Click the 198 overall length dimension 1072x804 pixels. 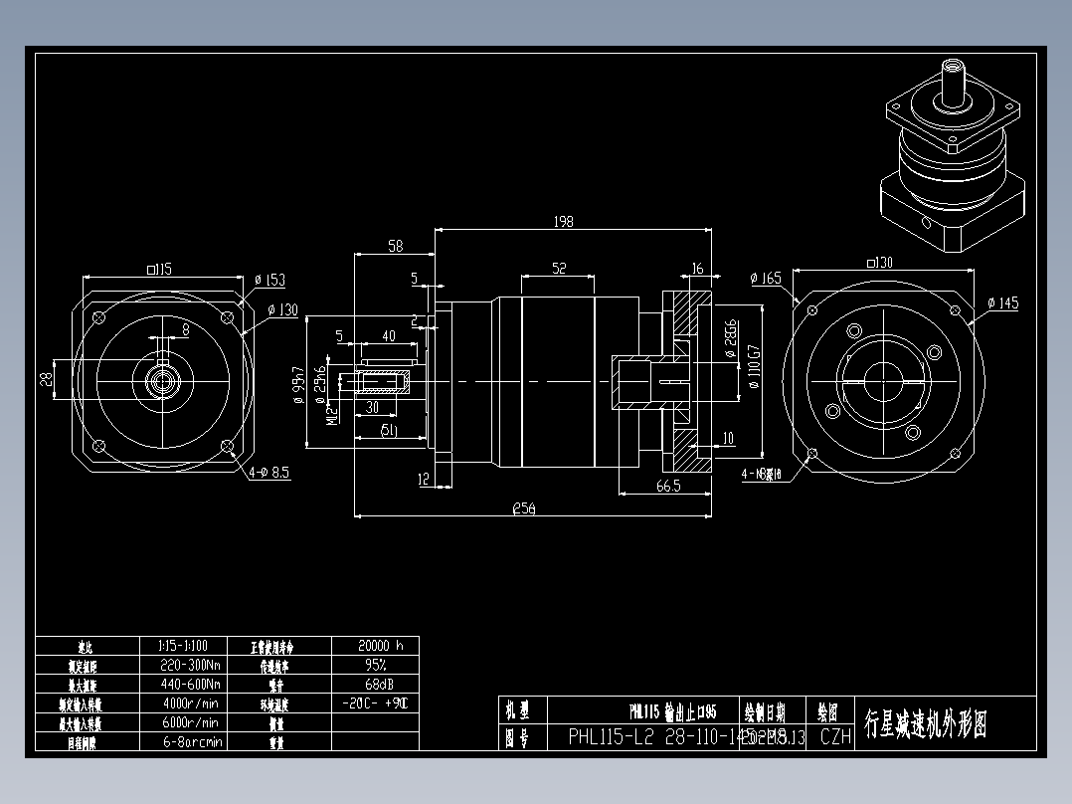coord(563,222)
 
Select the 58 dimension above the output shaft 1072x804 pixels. coord(395,245)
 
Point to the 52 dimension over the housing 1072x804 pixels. coord(558,268)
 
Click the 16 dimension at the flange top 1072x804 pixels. coord(696,269)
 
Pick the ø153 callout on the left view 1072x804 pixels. coord(269,281)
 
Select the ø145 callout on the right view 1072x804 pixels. coord(1002,303)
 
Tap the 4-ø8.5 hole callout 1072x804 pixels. coord(268,473)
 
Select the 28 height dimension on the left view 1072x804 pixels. coord(46,380)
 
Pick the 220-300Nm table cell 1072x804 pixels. coord(190,664)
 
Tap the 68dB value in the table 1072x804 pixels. coord(374,684)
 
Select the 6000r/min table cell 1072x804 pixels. coord(190,722)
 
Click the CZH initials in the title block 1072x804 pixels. coord(835,736)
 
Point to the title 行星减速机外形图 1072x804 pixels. coord(925,724)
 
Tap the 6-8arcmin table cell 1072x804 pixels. coord(190,741)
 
